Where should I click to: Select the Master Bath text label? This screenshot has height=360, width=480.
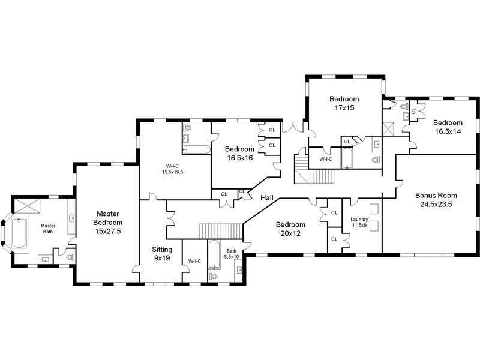pos(48,229)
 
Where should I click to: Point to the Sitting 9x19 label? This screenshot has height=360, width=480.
pos(161,253)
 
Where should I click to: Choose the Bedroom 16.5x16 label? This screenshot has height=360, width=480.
pos(239,153)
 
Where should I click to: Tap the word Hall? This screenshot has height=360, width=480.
pos(268,197)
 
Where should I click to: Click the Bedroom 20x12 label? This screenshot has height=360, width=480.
pos(290,229)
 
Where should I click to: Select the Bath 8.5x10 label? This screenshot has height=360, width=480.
pos(232,254)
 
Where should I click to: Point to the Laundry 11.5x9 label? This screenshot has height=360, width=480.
pos(359,222)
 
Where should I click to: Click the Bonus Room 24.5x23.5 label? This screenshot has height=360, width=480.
pos(436,200)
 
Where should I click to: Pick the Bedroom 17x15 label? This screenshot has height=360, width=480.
pos(344,103)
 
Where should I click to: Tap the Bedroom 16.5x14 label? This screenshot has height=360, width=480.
pos(448,127)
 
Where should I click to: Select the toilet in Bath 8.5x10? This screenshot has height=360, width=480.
pos(214,276)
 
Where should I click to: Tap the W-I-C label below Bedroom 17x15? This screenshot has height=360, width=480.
pos(325,159)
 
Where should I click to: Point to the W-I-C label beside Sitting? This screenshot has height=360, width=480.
pos(194,261)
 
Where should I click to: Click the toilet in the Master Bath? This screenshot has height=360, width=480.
pos(70,257)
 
